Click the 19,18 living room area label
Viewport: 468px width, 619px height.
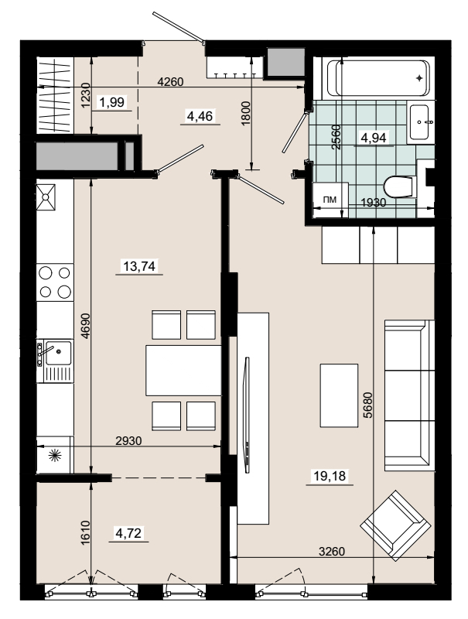pos(330,476)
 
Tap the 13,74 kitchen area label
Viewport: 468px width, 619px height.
pos(139,266)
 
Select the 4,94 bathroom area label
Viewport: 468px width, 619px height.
pos(374,138)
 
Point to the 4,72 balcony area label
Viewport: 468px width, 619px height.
pos(128,533)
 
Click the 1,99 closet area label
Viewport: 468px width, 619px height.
pos(112,103)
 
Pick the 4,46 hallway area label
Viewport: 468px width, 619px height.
pos(200,117)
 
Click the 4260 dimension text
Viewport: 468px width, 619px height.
pos(170,82)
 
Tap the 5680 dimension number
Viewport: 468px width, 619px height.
pos(367,405)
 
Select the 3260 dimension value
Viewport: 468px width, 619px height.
pos(331,551)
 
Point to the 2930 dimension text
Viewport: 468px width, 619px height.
pos(128,440)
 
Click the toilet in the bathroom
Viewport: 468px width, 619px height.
pos(400,186)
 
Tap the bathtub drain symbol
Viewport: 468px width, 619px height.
pos(419,78)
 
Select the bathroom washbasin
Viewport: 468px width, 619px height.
pos(419,122)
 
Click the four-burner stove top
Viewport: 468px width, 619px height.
pos(55,282)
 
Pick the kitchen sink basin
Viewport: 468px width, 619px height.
pos(58,353)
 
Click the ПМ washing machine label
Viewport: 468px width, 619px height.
pos(330,200)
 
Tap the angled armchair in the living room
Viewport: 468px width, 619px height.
pos(395,525)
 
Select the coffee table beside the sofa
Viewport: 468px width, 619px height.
pos(339,395)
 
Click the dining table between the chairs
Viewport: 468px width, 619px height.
pos(183,371)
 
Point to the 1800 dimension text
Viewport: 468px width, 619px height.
pos(245,113)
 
